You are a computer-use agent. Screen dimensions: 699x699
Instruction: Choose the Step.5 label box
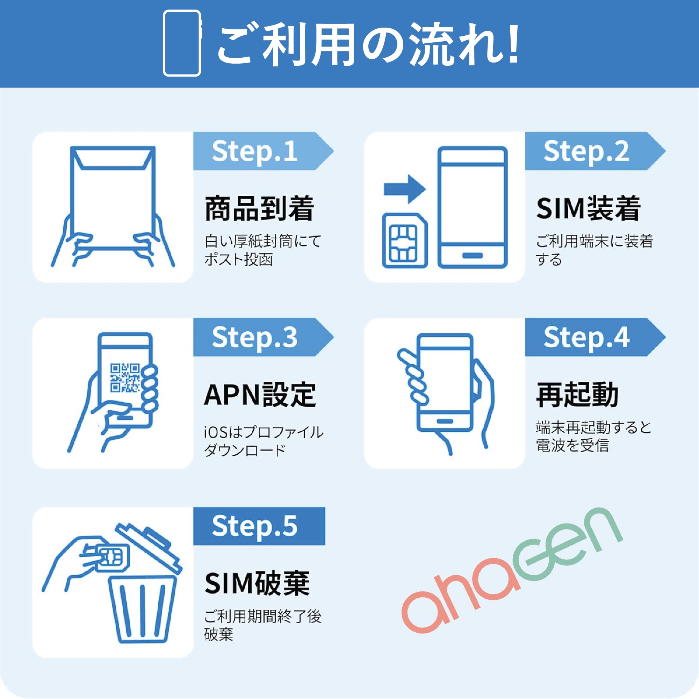259,526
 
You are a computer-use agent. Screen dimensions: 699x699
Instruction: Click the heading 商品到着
259,209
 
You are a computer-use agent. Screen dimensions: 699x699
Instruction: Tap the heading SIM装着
588,209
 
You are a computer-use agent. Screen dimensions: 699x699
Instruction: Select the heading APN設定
260,395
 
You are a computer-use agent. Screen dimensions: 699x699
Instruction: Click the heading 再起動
577,395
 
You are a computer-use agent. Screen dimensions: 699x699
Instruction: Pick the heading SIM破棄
257,583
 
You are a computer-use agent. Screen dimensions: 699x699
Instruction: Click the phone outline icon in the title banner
182,43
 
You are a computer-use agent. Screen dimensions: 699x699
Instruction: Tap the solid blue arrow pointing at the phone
404,189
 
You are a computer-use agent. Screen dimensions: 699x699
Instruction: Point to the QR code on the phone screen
125,378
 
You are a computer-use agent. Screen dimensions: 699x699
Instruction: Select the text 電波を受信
572,446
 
